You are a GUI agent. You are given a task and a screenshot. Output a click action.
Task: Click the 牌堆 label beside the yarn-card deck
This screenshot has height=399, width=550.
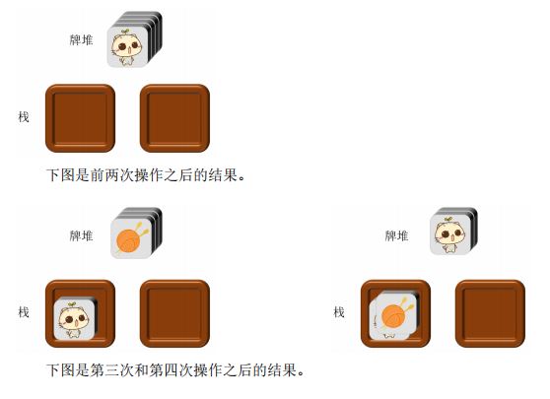click(x=82, y=235)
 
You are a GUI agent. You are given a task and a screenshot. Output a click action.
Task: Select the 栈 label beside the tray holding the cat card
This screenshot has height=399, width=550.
click(x=24, y=312)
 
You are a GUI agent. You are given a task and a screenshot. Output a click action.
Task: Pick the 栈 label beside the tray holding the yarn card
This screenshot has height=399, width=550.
click(x=339, y=312)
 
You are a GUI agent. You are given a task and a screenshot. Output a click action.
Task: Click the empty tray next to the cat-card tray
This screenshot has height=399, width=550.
click(x=174, y=313)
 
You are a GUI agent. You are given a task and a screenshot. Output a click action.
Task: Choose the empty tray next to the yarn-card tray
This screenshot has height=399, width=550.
click(x=490, y=313)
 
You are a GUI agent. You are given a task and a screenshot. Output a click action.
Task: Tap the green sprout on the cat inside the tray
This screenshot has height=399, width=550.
click(x=72, y=304)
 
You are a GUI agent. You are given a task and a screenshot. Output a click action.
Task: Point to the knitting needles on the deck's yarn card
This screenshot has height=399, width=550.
click(x=141, y=230)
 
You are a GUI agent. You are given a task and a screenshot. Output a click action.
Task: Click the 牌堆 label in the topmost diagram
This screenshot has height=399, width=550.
click(x=82, y=40)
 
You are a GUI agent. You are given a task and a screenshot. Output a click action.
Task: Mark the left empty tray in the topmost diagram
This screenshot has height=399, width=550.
click(x=80, y=118)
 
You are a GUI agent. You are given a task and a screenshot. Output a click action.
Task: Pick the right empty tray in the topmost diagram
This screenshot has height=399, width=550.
click(x=174, y=118)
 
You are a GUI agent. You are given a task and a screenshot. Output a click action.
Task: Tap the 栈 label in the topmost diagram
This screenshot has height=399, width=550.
click(x=24, y=117)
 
